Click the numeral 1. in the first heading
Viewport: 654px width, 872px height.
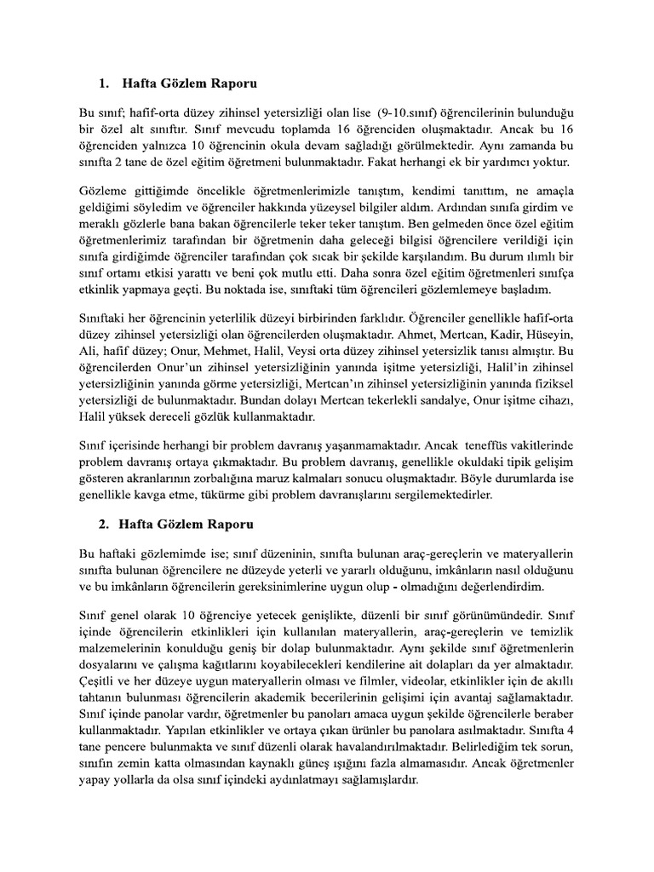104,84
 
